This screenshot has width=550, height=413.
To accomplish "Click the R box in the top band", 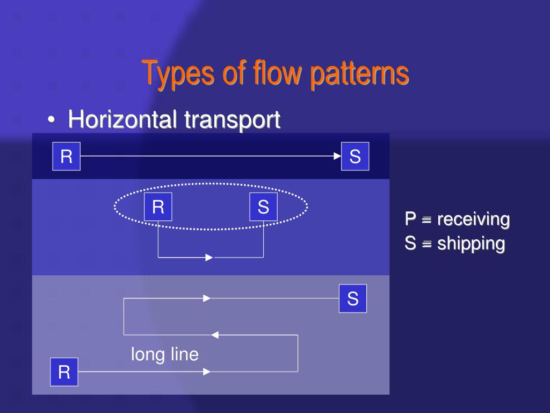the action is tap(66, 156).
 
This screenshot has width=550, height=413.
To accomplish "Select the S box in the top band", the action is tap(355, 156).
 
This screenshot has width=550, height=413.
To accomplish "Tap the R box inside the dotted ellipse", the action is tap(158, 207).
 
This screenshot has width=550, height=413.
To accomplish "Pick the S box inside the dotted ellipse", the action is tap(263, 207).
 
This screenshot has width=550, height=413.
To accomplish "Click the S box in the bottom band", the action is tap(353, 298).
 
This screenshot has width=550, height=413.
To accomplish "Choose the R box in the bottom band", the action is tap(64, 372).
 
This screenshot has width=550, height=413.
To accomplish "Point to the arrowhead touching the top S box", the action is tap(337, 156).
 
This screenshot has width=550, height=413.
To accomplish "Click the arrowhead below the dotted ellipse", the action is tap(209, 258).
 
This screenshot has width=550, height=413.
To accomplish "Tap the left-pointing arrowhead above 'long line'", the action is tap(215, 335).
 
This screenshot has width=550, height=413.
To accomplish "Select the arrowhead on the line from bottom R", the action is tap(207, 372).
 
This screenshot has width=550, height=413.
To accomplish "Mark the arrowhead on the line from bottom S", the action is tap(207, 298).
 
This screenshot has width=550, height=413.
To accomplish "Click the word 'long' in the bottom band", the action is tap(145, 354).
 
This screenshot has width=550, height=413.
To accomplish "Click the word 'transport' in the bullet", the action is tap(232, 119).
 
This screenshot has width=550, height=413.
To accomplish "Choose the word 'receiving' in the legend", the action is tap(473, 219).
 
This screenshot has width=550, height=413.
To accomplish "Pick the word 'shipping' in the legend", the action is tap(471, 244).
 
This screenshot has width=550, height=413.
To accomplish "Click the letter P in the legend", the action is tap(411, 219).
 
